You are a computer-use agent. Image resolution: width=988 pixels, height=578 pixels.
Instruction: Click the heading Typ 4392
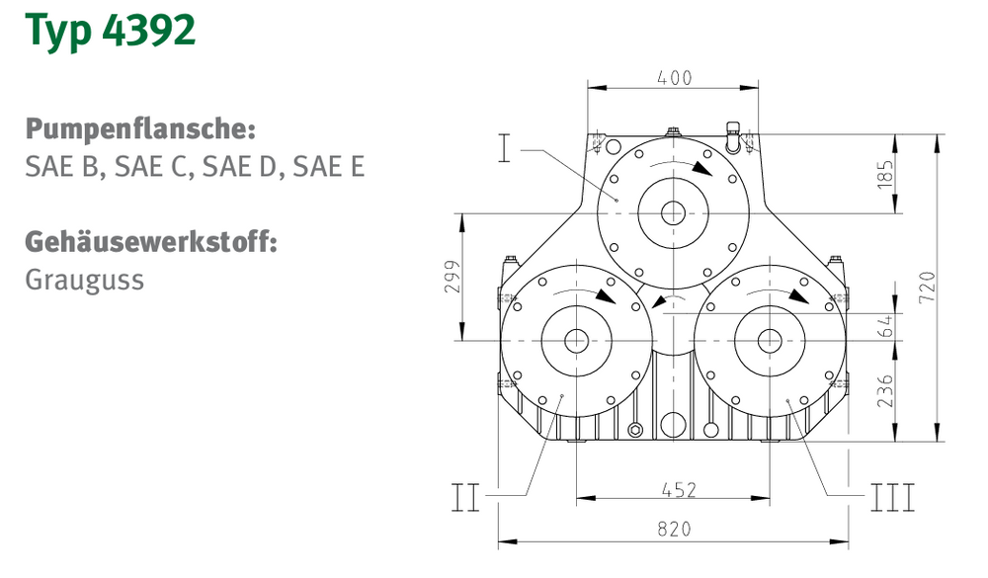(111, 31)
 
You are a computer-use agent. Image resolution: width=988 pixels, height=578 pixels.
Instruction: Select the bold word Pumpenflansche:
(140, 129)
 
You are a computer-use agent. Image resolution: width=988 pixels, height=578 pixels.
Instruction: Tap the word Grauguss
(84, 280)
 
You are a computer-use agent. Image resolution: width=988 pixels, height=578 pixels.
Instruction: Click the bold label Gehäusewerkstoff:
(151, 241)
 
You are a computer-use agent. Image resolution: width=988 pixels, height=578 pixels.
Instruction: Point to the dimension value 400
(674, 78)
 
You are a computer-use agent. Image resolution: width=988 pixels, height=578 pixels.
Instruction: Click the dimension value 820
(674, 529)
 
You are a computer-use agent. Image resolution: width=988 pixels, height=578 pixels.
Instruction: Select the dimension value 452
(680, 490)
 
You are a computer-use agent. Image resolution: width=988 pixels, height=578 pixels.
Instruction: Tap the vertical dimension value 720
(927, 288)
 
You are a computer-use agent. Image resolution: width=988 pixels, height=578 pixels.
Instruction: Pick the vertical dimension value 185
(885, 174)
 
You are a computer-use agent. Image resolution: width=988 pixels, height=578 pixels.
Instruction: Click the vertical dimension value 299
(453, 277)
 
